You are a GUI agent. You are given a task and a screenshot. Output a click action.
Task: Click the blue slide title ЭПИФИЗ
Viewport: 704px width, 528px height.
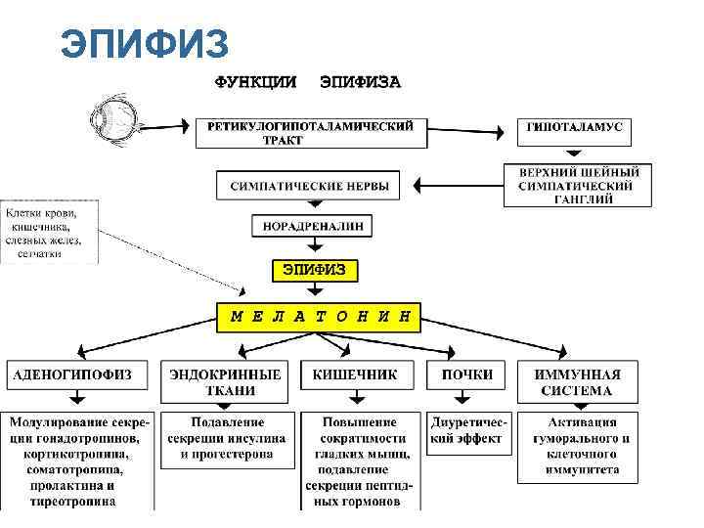point(144,44)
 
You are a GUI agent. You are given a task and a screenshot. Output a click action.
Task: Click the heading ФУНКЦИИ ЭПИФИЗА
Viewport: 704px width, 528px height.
point(307,82)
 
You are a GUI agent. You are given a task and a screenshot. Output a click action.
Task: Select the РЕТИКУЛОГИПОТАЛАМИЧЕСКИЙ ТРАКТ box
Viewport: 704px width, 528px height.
point(310,132)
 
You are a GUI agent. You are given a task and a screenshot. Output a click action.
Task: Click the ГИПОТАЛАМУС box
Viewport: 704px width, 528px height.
point(575,129)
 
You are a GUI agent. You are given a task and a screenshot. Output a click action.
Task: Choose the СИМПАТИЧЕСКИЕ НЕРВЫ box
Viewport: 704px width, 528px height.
point(309,185)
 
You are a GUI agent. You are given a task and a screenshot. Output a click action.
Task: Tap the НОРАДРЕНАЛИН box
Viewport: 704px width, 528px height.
point(312,227)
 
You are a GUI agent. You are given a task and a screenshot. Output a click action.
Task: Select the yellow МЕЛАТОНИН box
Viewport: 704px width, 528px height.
point(319,316)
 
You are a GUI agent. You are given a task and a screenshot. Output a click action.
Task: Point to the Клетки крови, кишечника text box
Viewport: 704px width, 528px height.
point(49,232)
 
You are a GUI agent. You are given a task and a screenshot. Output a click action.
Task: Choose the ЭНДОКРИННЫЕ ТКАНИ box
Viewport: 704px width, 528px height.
point(226,381)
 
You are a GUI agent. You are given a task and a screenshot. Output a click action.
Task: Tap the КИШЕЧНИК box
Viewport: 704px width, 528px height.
point(356,374)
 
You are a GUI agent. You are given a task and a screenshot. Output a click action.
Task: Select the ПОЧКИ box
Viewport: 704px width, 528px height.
point(467,374)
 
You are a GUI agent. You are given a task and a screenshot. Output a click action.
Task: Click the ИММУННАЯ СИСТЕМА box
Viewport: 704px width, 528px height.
point(578,381)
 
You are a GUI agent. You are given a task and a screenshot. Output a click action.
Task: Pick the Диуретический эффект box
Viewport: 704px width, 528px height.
point(467,430)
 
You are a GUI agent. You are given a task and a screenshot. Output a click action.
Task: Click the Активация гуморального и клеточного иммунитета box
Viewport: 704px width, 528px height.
point(578,446)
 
